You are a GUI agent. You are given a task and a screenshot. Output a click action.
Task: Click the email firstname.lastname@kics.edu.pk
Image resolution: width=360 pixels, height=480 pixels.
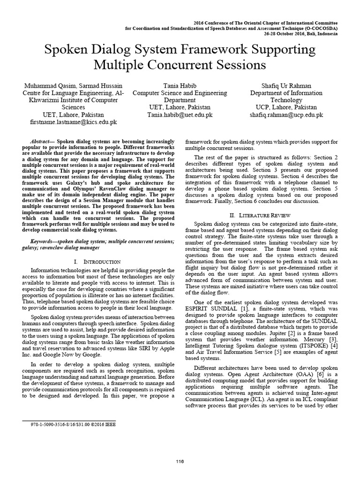point(67,121)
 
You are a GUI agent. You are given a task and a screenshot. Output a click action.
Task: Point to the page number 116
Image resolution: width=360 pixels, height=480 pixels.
point(180,462)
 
